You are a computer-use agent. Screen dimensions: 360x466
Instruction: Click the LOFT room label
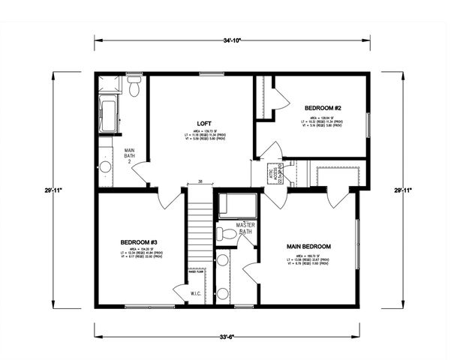click(x=203, y=123)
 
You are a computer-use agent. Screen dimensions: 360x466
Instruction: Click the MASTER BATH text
click(x=246, y=228)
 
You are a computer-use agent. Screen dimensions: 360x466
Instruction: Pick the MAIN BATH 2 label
click(x=129, y=156)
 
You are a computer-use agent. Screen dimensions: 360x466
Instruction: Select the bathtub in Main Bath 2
click(x=107, y=112)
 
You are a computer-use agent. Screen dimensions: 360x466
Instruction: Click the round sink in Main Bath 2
click(x=106, y=166)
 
